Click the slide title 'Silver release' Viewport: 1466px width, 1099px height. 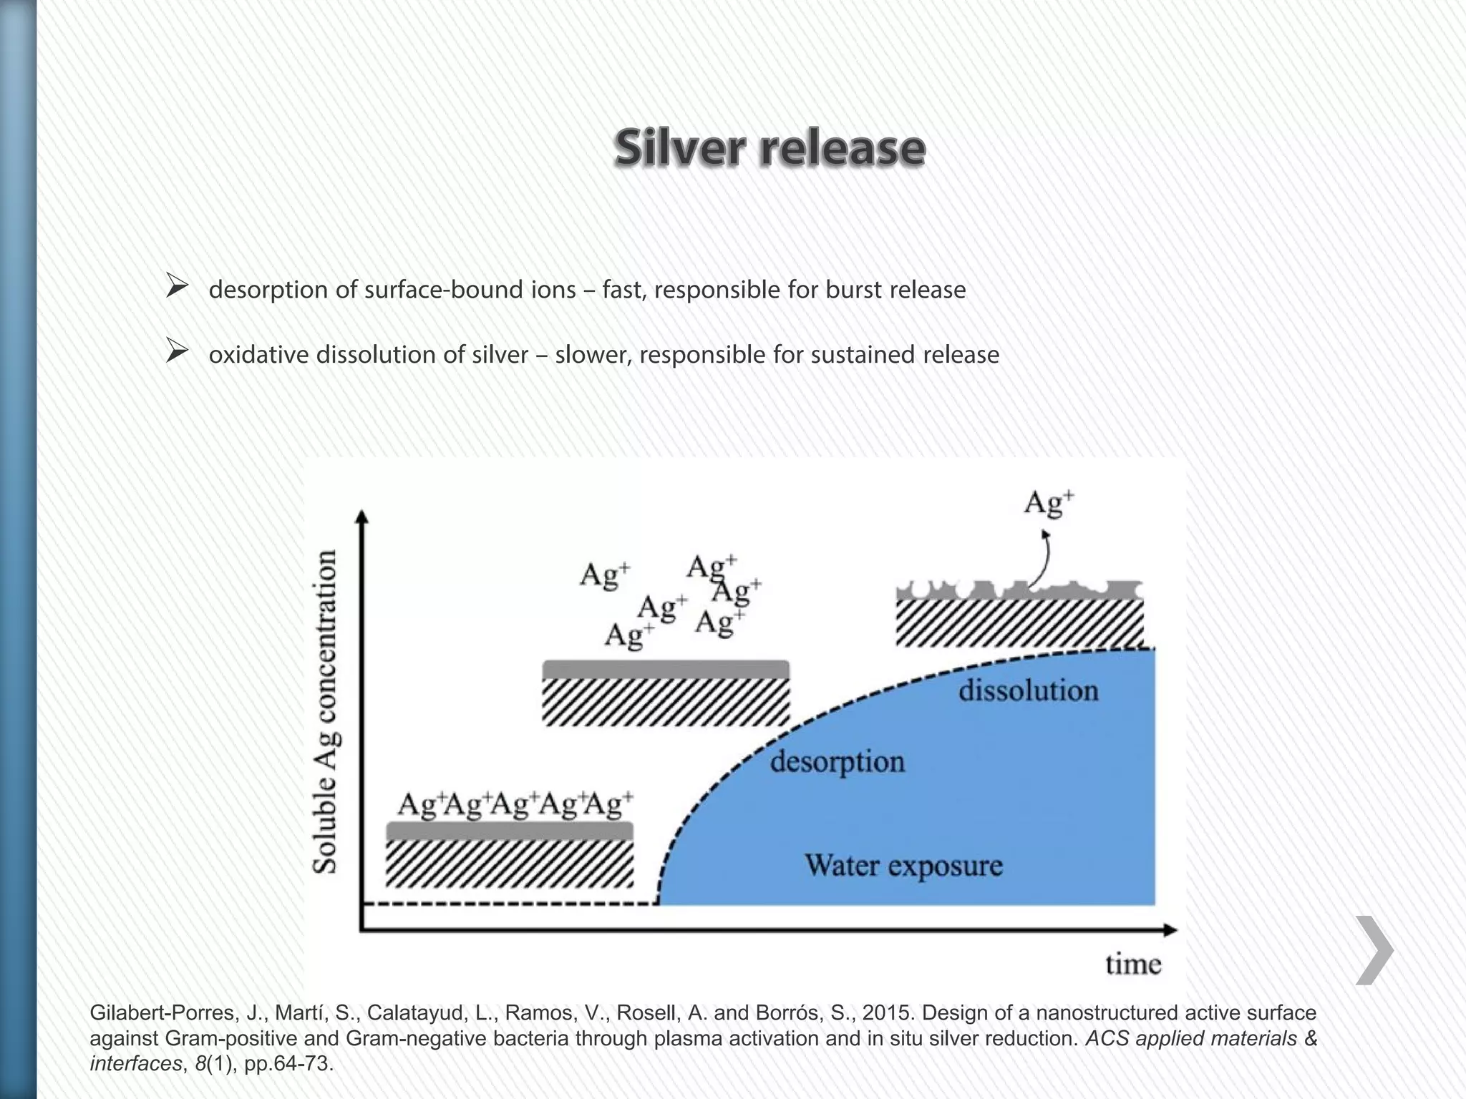pos(770,148)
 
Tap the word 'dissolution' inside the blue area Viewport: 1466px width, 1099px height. pos(1028,691)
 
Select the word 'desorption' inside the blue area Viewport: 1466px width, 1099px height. pos(837,761)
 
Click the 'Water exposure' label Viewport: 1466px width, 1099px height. pos(903,866)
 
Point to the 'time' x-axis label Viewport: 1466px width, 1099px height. pos(1132,964)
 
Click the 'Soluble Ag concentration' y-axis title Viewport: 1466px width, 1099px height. pos(325,711)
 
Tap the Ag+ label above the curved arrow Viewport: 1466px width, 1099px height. pos(1049,503)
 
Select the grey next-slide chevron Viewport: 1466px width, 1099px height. pos(1374,949)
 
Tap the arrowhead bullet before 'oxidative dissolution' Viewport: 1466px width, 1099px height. pos(176,351)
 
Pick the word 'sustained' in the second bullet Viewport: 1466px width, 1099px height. pos(864,355)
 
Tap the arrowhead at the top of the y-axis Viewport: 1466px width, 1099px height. pos(362,517)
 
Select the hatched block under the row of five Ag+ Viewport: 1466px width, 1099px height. pos(510,864)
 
